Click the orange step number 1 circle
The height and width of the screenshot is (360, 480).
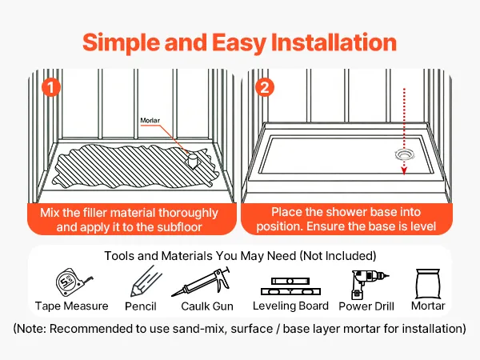(x=51, y=87)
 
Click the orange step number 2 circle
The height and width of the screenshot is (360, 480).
(x=265, y=87)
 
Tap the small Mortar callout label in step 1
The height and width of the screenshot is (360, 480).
(x=150, y=120)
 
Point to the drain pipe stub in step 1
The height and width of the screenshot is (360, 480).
(x=193, y=161)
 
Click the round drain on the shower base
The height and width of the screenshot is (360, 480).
(x=405, y=155)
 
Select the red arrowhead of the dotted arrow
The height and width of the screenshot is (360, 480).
(x=404, y=171)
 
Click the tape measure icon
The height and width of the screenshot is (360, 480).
(x=74, y=283)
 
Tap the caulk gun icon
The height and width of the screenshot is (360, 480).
(x=201, y=282)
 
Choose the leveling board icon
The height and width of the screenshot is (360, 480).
(x=290, y=286)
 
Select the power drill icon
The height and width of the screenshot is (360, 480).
(x=369, y=284)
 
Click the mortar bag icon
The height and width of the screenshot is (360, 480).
(x=428, y=284)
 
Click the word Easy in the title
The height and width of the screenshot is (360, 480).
(x=238, y=43)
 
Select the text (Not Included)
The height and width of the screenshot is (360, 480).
(x=338, y=256)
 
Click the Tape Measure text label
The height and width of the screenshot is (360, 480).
(x=72, y=306)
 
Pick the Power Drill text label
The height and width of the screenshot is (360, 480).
(x=366, y=306)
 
